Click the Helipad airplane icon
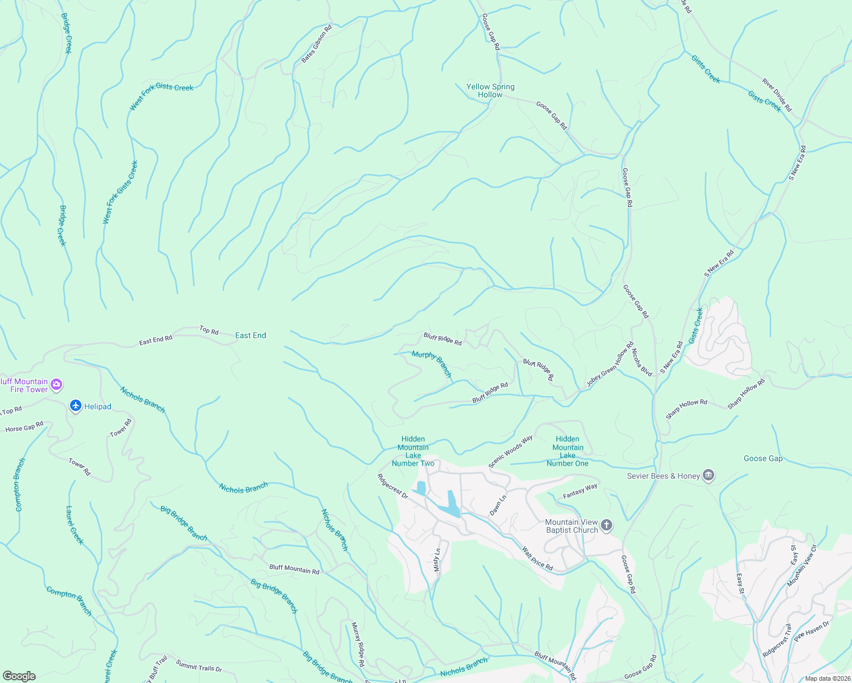[75, 406]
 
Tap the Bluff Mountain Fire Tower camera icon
[56, 385]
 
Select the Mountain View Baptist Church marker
[607, 525]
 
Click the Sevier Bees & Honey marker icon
[708, 475]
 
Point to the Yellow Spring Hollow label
[490, 90]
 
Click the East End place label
[251, 335]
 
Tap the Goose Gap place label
[763, 458]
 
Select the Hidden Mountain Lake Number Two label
[413, 451]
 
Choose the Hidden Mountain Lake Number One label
[567, 451]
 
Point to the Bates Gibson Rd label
[317, 44]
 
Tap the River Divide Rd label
[777, 95]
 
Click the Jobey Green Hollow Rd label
[611, 365]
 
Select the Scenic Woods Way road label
[510, 451]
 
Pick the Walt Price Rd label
[538, 558]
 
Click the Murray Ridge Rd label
[357, 644]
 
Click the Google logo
[19, 676]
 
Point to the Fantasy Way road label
[580, 490]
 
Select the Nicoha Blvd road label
[642, 362]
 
